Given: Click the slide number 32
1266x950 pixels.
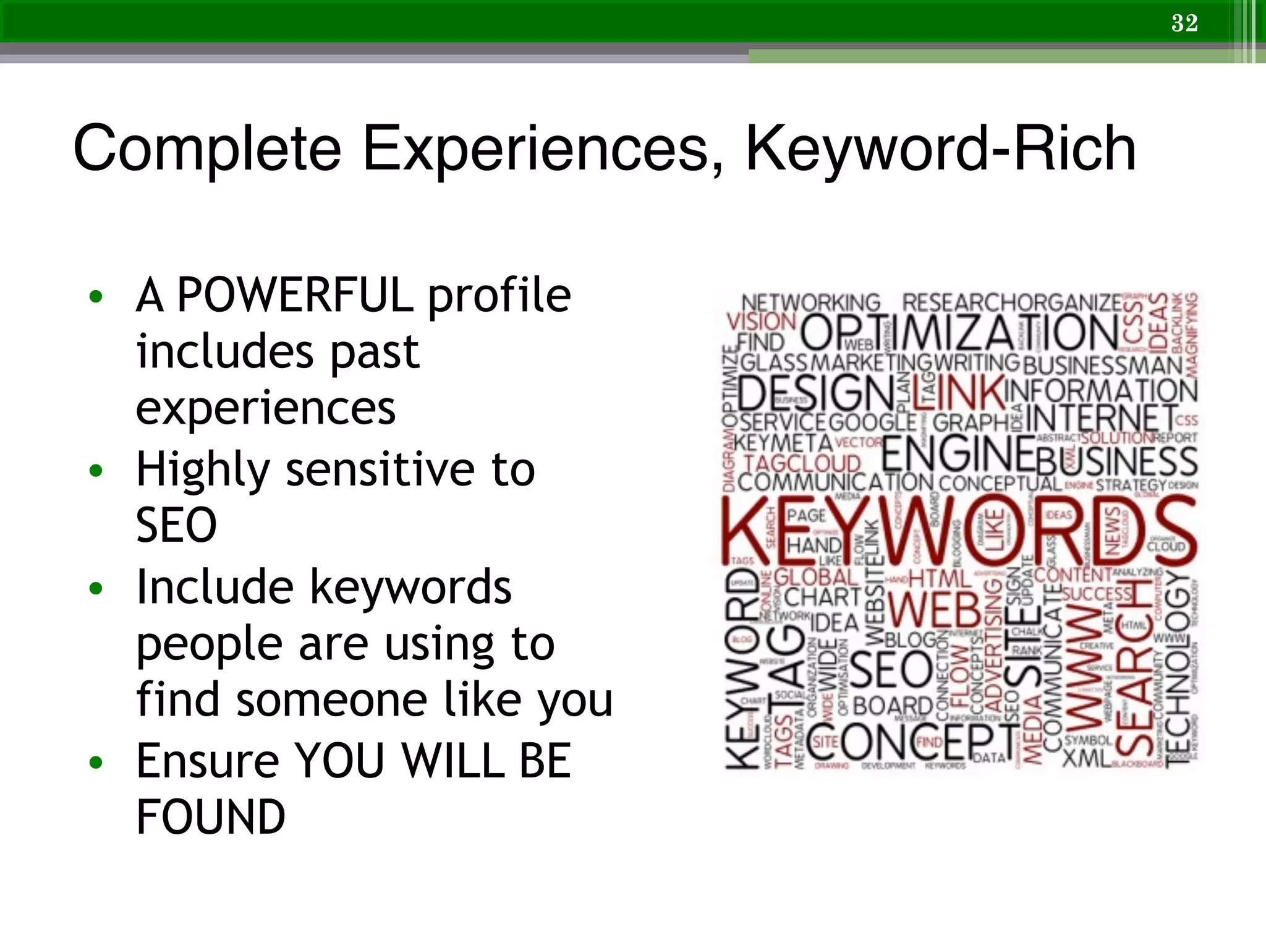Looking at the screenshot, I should (1184, 23).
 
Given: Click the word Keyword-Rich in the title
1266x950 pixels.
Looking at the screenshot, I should (940, 149).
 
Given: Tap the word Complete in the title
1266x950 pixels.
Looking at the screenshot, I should (207, 149).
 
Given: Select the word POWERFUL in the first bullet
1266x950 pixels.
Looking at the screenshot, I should (295, 295).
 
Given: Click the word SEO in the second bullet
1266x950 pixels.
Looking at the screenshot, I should (176, 525).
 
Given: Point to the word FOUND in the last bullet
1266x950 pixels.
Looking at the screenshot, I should (210, 817).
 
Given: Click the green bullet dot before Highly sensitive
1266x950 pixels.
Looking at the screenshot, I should (95, 471).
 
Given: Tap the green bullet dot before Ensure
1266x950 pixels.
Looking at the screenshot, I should (95, 763).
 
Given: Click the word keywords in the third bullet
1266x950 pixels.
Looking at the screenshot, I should (410, 587).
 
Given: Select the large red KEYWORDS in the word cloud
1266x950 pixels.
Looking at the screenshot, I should (958, 532).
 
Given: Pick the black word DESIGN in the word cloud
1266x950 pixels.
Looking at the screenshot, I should (815, 393).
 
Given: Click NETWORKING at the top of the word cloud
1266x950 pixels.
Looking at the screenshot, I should (810, 302).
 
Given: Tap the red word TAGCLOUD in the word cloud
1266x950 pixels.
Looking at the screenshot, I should (802, 463).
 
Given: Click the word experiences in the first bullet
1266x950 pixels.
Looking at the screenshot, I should (265, 409).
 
